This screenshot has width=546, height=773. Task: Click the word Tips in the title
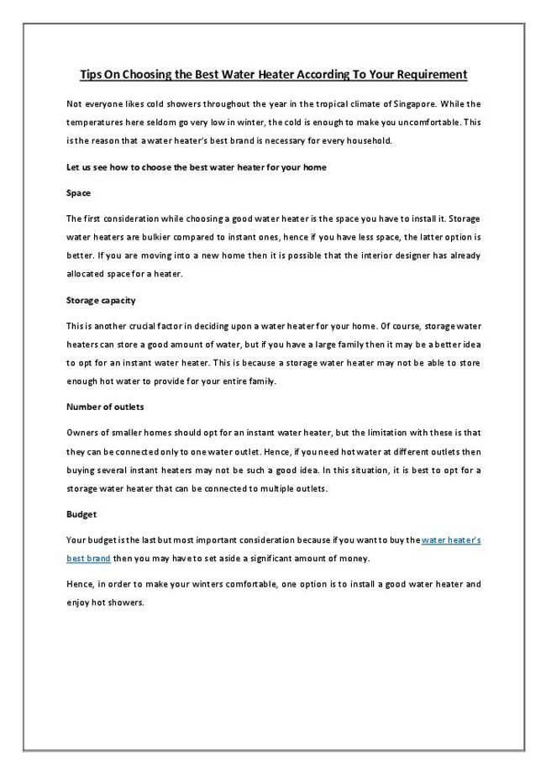tap(90, 75)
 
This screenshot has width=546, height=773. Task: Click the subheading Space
tap(78, 193)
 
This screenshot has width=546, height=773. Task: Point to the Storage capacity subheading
tap(100, 299)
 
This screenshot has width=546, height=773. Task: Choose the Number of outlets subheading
tap(105, 407)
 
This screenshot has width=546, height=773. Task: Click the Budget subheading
tap(81, 513)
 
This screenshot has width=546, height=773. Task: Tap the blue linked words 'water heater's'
tap(450, 540)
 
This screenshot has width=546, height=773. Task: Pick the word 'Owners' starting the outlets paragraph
tap(81, 433)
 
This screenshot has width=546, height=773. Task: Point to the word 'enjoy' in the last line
tap(78, 602)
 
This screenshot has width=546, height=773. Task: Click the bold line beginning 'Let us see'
tap(196, 166)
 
